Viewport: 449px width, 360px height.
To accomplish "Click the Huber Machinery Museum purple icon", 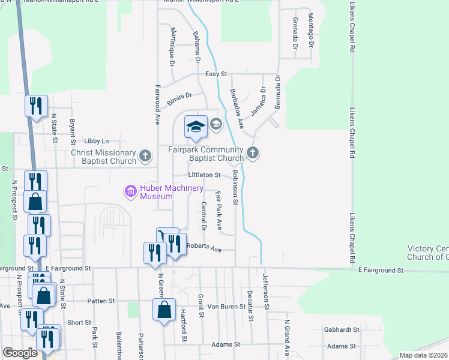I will [x=130, y=192].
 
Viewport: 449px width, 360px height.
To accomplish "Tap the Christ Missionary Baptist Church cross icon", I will [x=145, y=157].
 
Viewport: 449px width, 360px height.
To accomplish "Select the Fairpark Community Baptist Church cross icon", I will [x=253, y=153].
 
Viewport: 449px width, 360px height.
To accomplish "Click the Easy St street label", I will [x=216, y=74].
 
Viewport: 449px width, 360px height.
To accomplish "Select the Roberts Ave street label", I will [x=204, y=247].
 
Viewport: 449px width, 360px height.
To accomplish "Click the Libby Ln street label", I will [x=97, y=140].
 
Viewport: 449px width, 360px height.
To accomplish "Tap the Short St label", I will [x=79, y=322].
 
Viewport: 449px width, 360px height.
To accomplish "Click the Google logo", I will [x=20, y=353].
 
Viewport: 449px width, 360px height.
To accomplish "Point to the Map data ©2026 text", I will [x=423, y=355].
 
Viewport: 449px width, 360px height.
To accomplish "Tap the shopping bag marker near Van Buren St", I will [x=164, y=310].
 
